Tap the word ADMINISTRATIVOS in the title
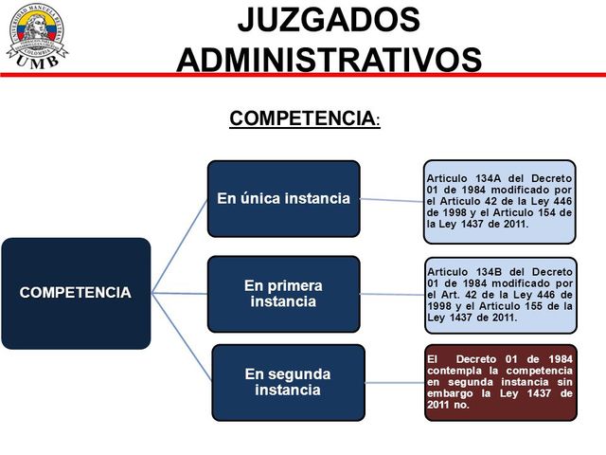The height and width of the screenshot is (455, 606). tap(329, 59)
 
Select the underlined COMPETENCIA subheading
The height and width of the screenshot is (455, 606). tap(303, 118)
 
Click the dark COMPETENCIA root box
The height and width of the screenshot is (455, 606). tap(76, 293)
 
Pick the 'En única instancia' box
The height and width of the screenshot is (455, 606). tap(284, 198)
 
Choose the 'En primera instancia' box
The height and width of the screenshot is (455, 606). tap(284, 293)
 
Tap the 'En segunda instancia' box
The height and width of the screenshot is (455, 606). tap(288, 381)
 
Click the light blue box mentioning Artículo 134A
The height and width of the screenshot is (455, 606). tap(499, 201)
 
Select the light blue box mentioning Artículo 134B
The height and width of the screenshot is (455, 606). tap(499, 294)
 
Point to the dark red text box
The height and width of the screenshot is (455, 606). tap(499, 383)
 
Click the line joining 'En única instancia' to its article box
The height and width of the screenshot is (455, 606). tap(392, 200)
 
